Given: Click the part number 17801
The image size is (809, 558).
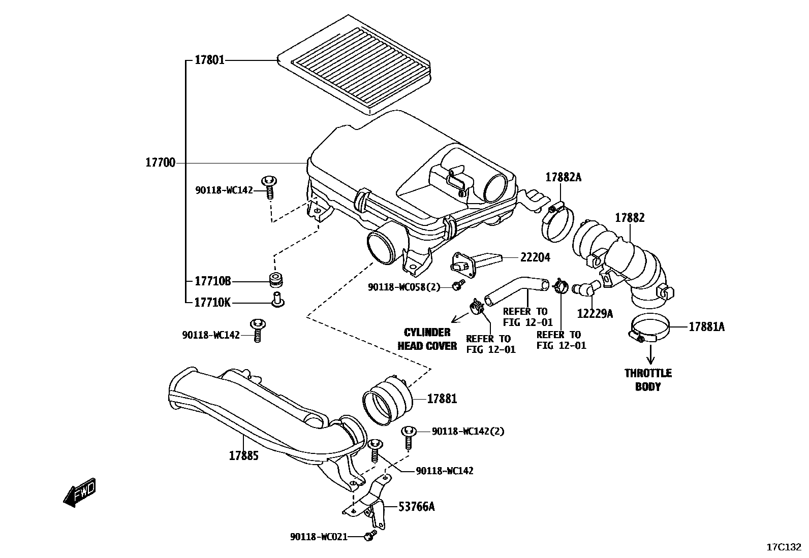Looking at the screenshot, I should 209,60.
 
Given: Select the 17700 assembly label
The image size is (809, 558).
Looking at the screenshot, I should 160,163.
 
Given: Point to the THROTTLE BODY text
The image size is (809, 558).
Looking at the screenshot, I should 648,380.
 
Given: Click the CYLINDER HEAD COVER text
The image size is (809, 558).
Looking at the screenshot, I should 427,339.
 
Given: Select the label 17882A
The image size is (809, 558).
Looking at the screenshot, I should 563,177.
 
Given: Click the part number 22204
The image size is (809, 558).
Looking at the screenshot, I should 535,257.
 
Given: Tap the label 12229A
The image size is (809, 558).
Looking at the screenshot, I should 595,314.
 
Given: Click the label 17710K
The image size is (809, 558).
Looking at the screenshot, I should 212,303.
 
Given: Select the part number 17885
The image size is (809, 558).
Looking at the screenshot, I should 243,455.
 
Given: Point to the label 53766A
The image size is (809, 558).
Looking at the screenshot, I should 417,506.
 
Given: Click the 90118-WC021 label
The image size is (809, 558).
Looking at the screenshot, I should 319,537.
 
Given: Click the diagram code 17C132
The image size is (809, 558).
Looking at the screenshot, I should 784,547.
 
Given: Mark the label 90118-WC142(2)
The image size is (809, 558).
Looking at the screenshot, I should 468,431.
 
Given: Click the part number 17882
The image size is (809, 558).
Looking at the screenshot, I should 630,218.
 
